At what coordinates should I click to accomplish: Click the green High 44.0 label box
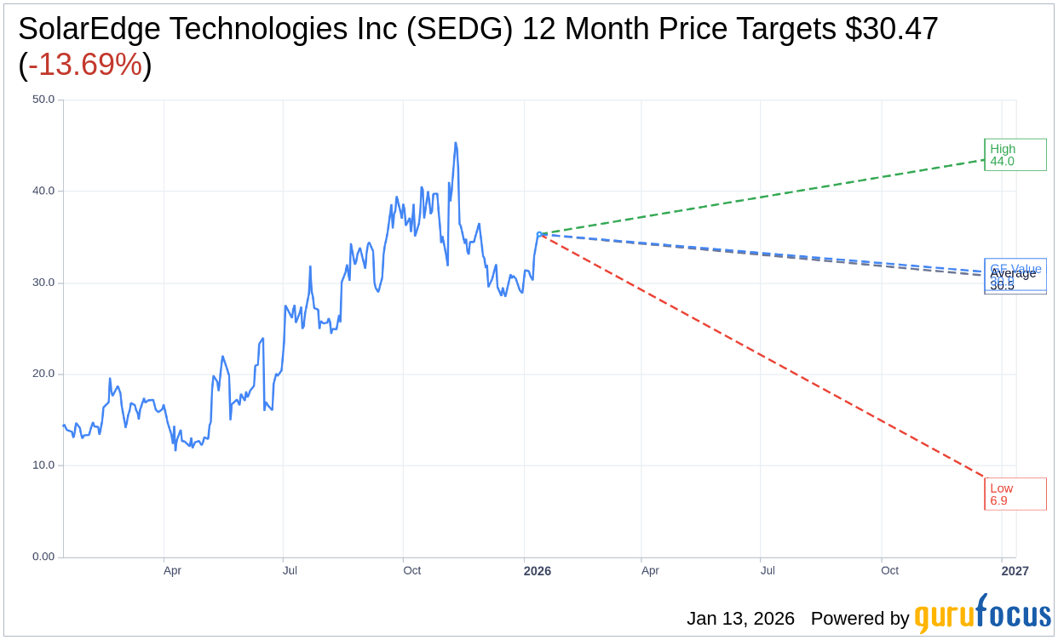pyautogui.click(x=1015, y=155)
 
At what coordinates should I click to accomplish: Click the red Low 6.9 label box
pyautogui.click(x=1015, y=494)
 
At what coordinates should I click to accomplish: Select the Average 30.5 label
pyautogui.click(x=1013, y=273)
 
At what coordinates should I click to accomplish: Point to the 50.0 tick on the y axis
pyautogui.click(x=43, y=100)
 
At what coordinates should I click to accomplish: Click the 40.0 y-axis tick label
pyautogui.click(x=43, y=191)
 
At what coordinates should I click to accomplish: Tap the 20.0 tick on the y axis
pyautogui.click(x=43, y=374)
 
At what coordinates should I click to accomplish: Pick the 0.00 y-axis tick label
pyautogui.click(x=43, y=557)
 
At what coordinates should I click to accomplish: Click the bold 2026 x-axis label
pyautogui.click(x=537, y=571)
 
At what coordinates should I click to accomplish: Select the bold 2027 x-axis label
pyautogui.click(x=1015, y=571)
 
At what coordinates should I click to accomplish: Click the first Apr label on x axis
pyautogui.click(x=172, y=571)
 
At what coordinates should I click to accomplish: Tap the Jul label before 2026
pyautogui.click(x=290, y=571)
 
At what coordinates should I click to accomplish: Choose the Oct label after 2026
pyautogui.click(x=889, y=571)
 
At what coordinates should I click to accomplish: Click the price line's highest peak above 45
pyautogui.click(x=456, y=144)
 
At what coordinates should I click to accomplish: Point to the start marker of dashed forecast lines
pyautogui.click(x=539, y=233)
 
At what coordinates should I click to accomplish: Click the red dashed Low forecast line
pyautogui.click(x=767, y=357)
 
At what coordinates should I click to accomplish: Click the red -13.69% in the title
pyautogui.click(x=84, y=65)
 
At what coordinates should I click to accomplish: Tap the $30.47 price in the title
pyautogui.click(x=891, y=29)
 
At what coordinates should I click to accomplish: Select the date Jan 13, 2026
pyautogui.click(x=740, y=619)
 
